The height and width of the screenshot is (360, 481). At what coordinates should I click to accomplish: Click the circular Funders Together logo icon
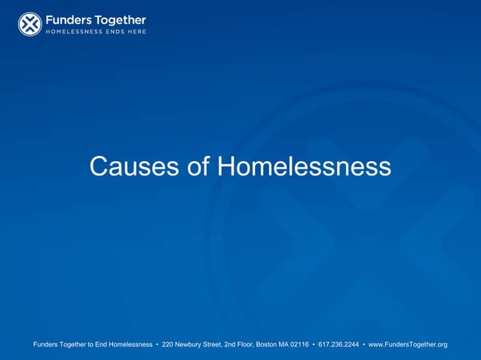[x=30, y=24]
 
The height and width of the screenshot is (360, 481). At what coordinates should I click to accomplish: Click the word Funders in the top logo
[x=67, y=20]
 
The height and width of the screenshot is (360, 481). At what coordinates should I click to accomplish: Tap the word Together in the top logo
[x=118, y=20]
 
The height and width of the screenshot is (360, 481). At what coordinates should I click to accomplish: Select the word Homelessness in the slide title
[x=304, y=166]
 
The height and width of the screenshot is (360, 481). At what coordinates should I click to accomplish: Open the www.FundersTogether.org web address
[x=407, y=345]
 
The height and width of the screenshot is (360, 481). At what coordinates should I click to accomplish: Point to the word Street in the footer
[x=222, y=345]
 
